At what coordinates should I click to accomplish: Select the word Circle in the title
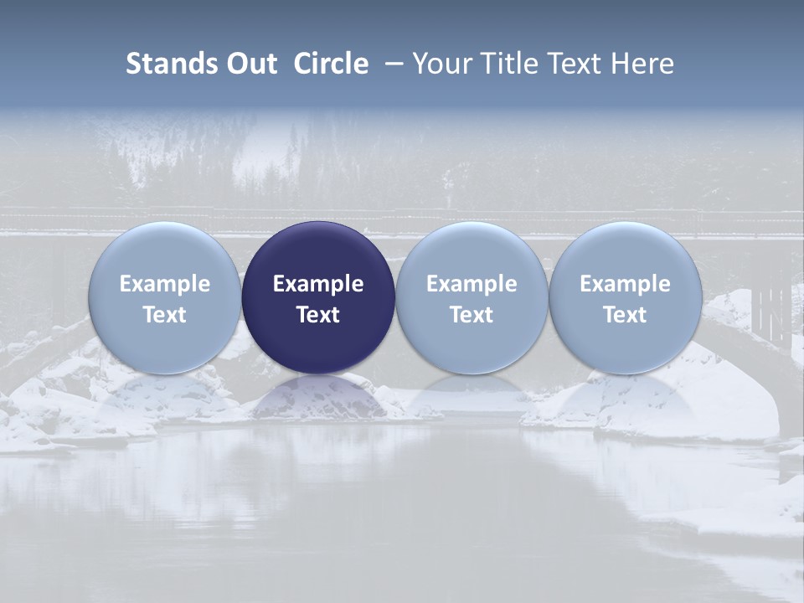(x=331, y=64)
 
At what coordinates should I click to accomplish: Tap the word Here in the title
(x=643, y=64)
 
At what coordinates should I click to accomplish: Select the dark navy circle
(x=318, y=298)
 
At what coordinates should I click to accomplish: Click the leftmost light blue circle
(x=165, y=298)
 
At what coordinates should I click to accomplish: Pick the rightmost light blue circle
(x=625, y=298)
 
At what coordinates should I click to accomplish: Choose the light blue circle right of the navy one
(x=472, y=298)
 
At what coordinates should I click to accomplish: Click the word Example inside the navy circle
(x=318, y=284)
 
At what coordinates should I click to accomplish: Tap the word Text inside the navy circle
(x=318, y=315)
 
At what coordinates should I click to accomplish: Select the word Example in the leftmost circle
(x=165, y=284)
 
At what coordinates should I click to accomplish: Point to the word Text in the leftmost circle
(x=165, y=315)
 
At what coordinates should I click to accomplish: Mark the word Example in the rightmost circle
(x=625, y=284)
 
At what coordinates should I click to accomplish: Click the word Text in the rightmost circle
(x=625, y=315)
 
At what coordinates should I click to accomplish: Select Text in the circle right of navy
(x=472, y=315)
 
